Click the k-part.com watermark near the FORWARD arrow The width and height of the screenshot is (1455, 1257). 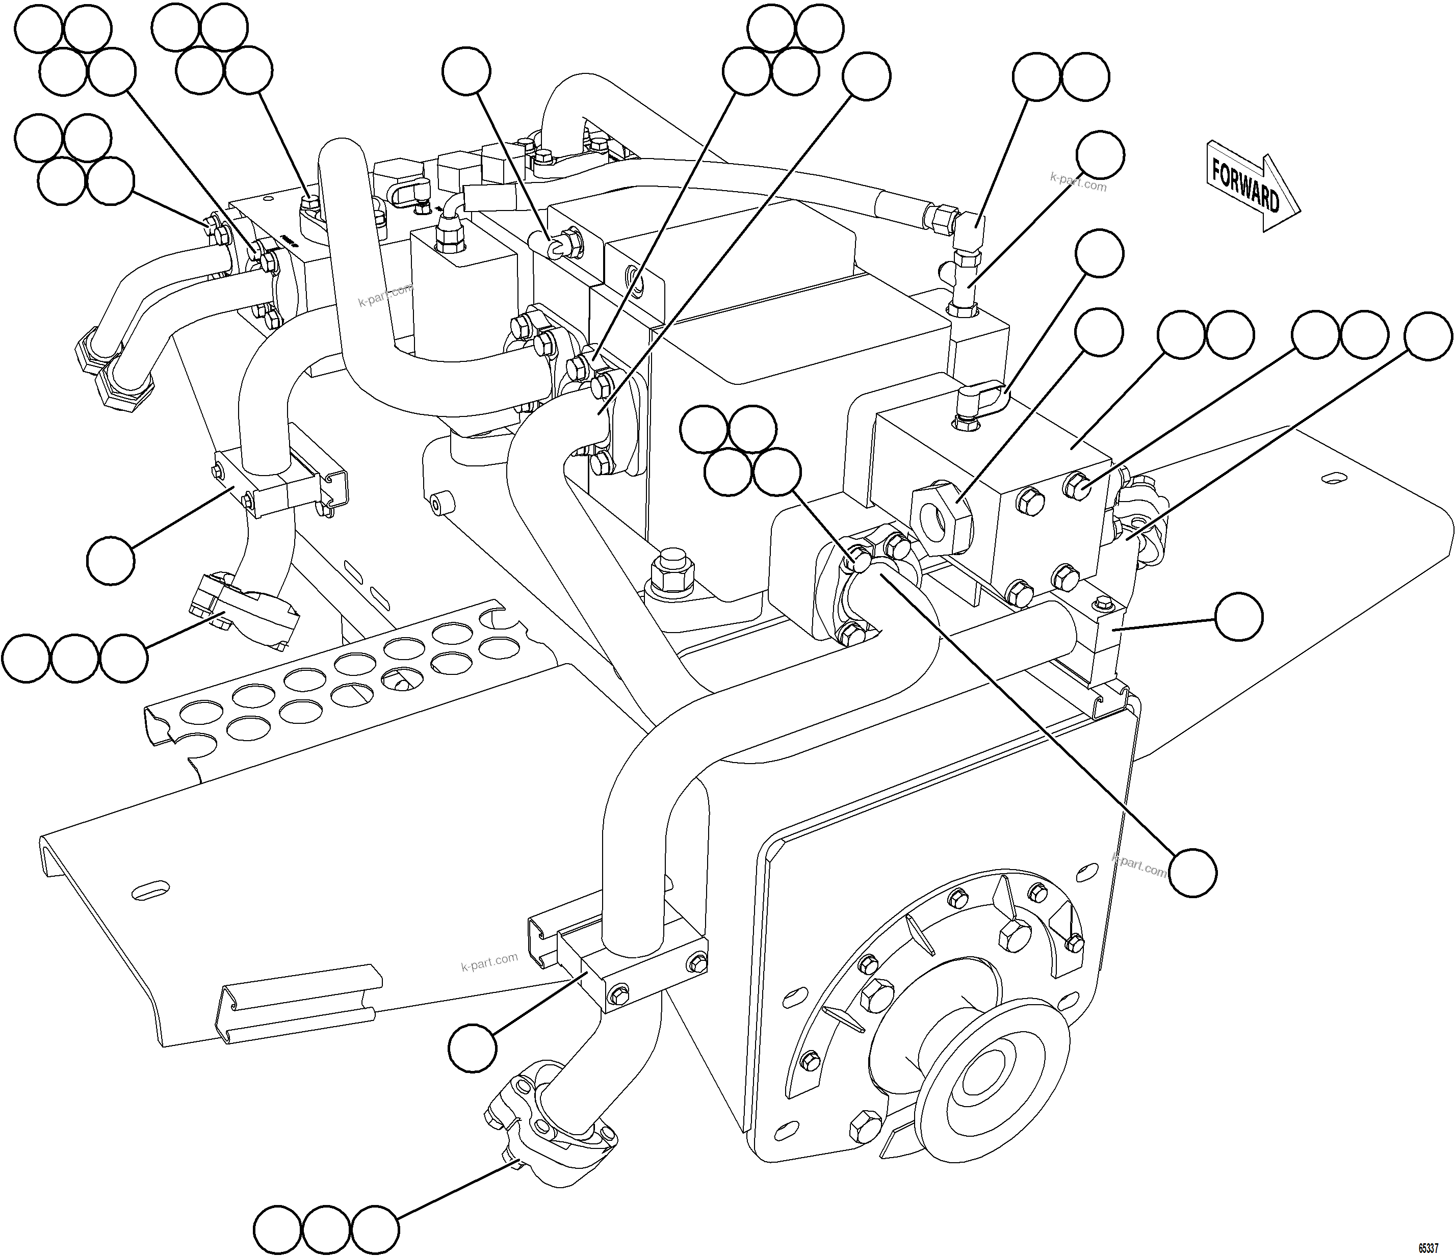click(1078, 182)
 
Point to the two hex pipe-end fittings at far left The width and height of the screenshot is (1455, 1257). click(112, 365)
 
